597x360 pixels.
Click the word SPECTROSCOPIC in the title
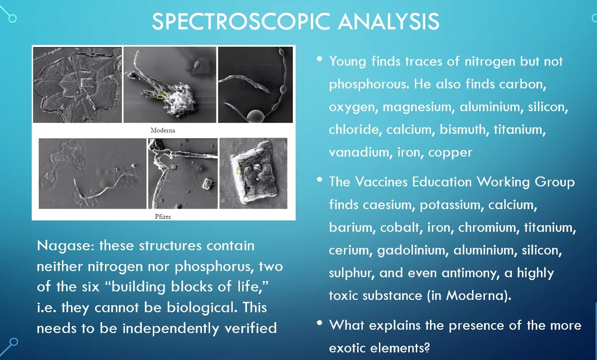pos(241,21)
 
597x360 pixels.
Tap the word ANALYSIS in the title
pos(388,21)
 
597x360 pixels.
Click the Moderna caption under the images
pos(163,130)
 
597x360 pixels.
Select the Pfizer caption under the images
pos(163,216)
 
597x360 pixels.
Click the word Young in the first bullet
pos(348,62)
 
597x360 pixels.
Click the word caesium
pos(388,205)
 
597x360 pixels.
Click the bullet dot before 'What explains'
pos(320,323)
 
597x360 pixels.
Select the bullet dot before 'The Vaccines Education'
pos(320,180)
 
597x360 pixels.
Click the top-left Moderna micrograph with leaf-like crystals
pos(77,85)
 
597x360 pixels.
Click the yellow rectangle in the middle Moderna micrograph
pos(160,96)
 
